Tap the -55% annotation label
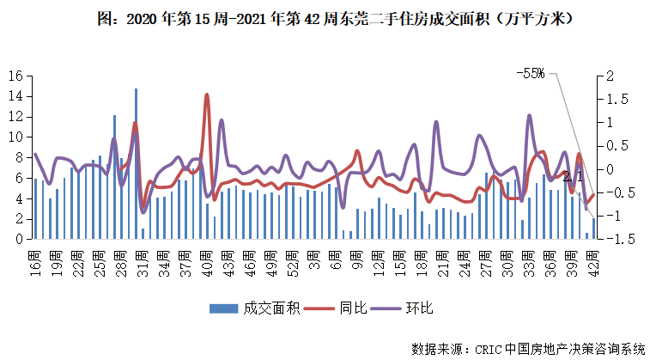point(530,74)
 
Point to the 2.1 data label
point(573,177)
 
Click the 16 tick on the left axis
point(15,76)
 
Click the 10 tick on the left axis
point(15,137)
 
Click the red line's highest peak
point(207,95)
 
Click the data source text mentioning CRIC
point(527,349)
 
